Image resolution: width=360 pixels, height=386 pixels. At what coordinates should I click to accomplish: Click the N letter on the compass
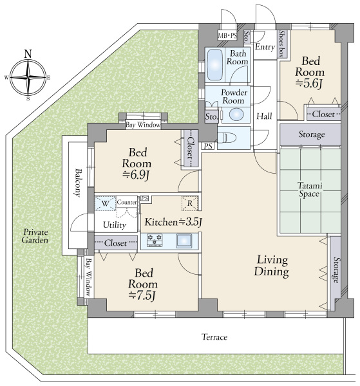point(28,53)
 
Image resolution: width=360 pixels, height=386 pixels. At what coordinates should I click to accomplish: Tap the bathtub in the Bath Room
point(215,65)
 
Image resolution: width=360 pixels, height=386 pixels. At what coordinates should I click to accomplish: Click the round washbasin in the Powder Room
point(236,115)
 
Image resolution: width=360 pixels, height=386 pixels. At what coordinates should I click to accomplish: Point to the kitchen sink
point(184,241)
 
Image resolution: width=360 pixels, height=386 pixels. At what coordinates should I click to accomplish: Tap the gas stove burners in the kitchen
point(155,240)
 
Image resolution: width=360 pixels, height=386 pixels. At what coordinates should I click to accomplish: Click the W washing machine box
point(106,203)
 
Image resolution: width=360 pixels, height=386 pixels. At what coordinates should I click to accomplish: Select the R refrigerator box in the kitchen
point(190,203)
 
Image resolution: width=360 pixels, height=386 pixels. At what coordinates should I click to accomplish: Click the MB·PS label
point(227,35)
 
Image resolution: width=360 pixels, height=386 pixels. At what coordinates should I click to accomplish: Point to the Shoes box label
point(281,44)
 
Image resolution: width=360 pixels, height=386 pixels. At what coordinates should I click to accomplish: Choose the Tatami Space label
point(310,190)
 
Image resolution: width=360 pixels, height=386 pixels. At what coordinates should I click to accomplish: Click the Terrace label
point(214,336)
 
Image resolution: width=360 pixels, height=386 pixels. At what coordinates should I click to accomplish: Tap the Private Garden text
point(35,236)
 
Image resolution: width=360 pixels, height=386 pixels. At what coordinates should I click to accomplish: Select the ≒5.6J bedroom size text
point(309,84)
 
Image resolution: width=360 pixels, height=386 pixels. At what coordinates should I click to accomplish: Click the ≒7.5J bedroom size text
point(142,295)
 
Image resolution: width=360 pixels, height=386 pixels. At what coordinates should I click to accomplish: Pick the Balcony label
point(78,183)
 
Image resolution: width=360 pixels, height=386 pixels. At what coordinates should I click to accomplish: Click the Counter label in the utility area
point(127,203)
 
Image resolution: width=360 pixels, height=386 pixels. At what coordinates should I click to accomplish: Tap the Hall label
point(264,116)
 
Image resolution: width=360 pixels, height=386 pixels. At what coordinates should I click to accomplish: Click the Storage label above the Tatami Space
point(312,134)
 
